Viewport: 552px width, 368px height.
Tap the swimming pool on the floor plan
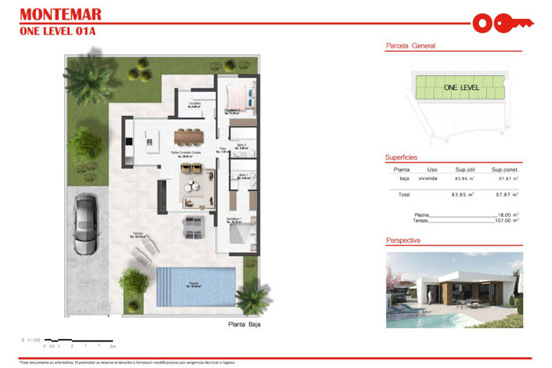point(195,285)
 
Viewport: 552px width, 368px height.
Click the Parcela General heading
point(411,46)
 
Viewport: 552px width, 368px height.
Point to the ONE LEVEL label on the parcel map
point(461,88)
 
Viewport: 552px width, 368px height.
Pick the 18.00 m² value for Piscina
point(509,214)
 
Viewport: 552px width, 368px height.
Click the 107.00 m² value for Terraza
point(507,220)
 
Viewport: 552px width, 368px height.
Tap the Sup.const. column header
point(506,169)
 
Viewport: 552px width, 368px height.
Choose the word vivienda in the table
point(428,178)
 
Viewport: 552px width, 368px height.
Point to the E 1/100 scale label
point(31,339)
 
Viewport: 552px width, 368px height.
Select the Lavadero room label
point(194,103)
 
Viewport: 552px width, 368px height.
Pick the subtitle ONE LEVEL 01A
point(56,31)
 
